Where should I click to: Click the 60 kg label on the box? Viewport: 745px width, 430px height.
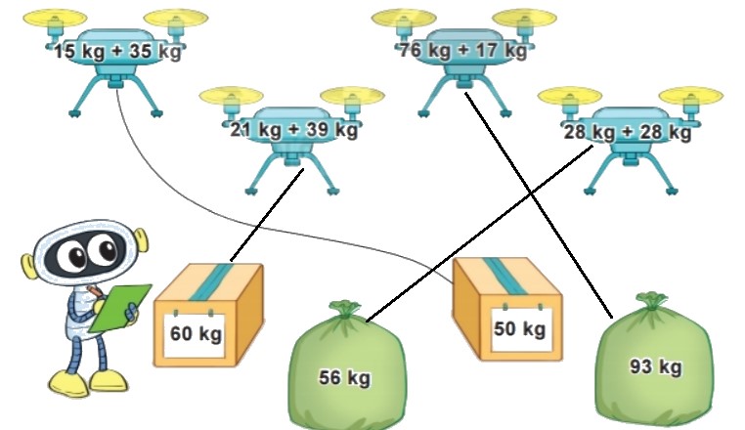click(x=196, y=333)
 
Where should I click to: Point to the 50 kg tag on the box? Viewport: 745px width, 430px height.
click(x=519, y=328)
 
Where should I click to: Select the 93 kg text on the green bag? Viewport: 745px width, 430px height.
click(x=655, y=366)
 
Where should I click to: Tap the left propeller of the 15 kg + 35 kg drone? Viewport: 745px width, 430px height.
click(x=55, y=18)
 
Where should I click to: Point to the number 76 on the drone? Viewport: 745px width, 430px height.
click(x=413, y=50)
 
